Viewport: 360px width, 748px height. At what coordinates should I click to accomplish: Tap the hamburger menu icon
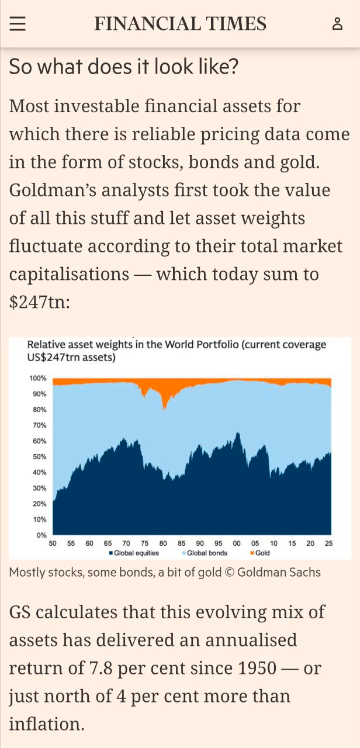point(18,23)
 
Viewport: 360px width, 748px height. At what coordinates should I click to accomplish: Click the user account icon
point(337,23)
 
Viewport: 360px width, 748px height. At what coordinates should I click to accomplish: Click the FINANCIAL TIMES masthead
point(180,23)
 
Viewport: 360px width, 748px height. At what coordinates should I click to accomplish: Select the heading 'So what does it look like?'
point(124,67)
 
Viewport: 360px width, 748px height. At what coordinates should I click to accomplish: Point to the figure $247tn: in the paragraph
point(40,302)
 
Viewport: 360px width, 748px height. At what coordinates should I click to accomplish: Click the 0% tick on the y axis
point(41,535)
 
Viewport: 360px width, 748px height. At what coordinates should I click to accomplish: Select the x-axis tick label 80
point(163,543)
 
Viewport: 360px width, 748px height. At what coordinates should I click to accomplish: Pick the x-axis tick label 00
point(237,543)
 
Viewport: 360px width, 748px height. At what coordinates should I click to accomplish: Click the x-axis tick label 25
point(328,543)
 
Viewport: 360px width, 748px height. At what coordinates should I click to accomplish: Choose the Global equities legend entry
point(135,553)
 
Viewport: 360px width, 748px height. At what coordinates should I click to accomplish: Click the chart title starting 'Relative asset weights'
point(176,350)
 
